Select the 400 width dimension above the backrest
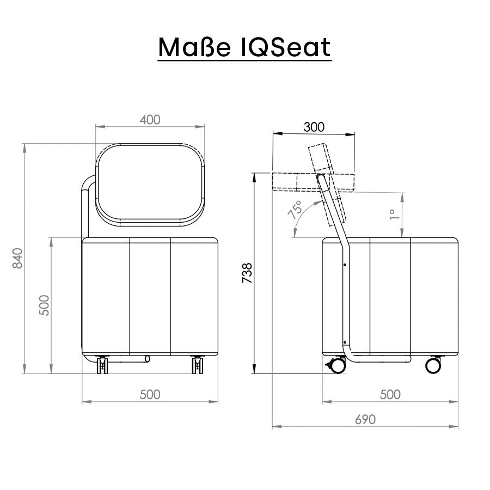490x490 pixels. tap(150, 120)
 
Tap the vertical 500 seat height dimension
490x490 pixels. tap(44, 305)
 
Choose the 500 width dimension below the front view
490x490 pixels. tap(150, 395)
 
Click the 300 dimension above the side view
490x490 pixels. tap(314, 127)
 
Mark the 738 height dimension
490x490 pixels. tap(247, 273)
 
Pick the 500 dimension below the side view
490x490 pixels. tap(390, 395)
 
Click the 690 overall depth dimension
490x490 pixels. tap(365, 420)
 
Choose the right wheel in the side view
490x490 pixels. tap(433, 365)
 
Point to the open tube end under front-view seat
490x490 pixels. tap(147, 359)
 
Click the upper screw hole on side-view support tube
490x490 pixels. tap(344, 265)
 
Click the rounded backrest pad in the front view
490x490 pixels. tap(151, 185)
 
